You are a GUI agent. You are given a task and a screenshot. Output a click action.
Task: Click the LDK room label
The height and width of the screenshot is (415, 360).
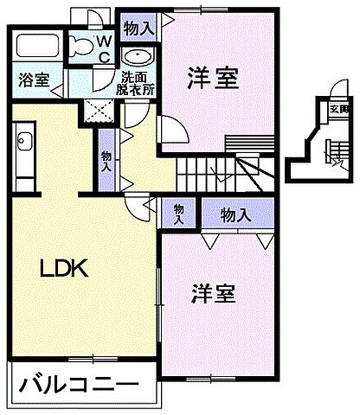click(63, 269)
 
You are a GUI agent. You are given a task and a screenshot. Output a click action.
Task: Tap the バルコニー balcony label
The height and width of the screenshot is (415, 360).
click(76, 383)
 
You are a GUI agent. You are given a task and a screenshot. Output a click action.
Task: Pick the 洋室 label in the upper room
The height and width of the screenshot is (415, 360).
click(213, 79)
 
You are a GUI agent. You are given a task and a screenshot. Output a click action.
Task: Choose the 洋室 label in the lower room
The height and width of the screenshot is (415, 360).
click(213, 293)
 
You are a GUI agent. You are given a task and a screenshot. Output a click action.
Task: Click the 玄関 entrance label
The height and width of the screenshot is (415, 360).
click(338, 109)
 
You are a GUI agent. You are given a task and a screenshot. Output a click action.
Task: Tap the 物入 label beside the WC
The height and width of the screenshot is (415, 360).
click(140, 29)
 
